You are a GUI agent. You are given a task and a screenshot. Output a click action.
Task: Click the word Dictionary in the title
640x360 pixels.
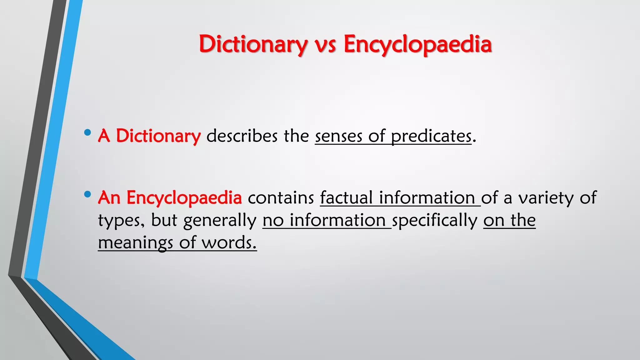click(x=253, y=44)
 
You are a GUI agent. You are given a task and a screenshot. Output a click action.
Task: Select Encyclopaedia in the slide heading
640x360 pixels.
click(x=418, y=44)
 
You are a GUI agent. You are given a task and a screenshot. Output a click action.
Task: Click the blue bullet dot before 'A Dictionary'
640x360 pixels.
click(x=87, y=132)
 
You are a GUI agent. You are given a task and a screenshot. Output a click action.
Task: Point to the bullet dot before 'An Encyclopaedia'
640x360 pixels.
click(x=87, y=194)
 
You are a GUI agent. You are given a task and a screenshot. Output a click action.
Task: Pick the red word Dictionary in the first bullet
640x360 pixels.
click(x=158, y=136)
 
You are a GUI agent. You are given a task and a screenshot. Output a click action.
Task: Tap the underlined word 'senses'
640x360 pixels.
click(x=338, y=137)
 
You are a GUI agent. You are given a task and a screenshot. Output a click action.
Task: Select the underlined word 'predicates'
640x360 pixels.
click(x=431, y=137)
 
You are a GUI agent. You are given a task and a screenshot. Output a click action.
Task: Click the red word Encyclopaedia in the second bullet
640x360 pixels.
click(x=184, y=198)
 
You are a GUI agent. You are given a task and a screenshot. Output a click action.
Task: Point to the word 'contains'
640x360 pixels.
click(x=281, y=198)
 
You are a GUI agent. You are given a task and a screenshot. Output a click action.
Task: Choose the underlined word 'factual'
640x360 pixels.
click(x=346, y=198)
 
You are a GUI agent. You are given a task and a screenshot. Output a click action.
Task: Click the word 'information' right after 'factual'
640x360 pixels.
click(x=427, y=198)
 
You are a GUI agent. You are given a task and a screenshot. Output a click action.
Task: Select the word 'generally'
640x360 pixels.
click(x=220, y=221)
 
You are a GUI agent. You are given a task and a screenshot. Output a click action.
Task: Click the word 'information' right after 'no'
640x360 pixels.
click(x=337, y=220)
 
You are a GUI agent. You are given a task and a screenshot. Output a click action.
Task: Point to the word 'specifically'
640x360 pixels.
click(x=435, y=221)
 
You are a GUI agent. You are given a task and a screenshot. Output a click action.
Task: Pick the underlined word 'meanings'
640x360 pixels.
click(x=135, y=243)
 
